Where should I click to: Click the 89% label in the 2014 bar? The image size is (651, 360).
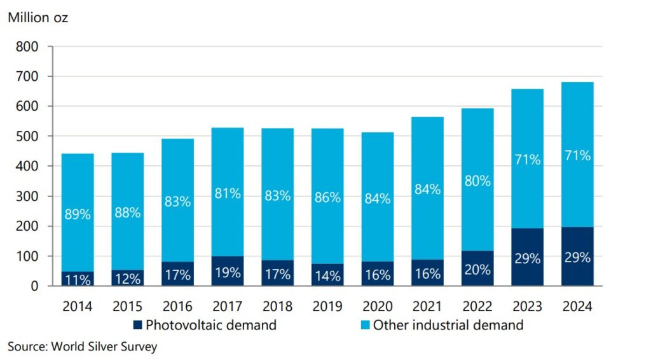78,214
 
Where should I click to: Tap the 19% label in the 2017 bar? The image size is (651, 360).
228,273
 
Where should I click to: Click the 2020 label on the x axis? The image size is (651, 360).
378,307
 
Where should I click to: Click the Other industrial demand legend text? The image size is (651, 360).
448,326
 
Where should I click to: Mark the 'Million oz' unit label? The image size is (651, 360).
38,18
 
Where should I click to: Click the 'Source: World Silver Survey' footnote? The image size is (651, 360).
82,347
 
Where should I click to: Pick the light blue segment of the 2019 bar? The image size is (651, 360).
327,165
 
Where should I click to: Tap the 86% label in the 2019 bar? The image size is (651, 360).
327,197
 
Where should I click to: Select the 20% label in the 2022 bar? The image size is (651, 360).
477,270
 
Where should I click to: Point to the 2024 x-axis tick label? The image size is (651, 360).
577,307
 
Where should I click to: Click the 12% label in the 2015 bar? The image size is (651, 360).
128,279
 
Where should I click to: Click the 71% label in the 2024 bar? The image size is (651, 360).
577,155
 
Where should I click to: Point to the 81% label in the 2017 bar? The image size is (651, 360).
228,193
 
